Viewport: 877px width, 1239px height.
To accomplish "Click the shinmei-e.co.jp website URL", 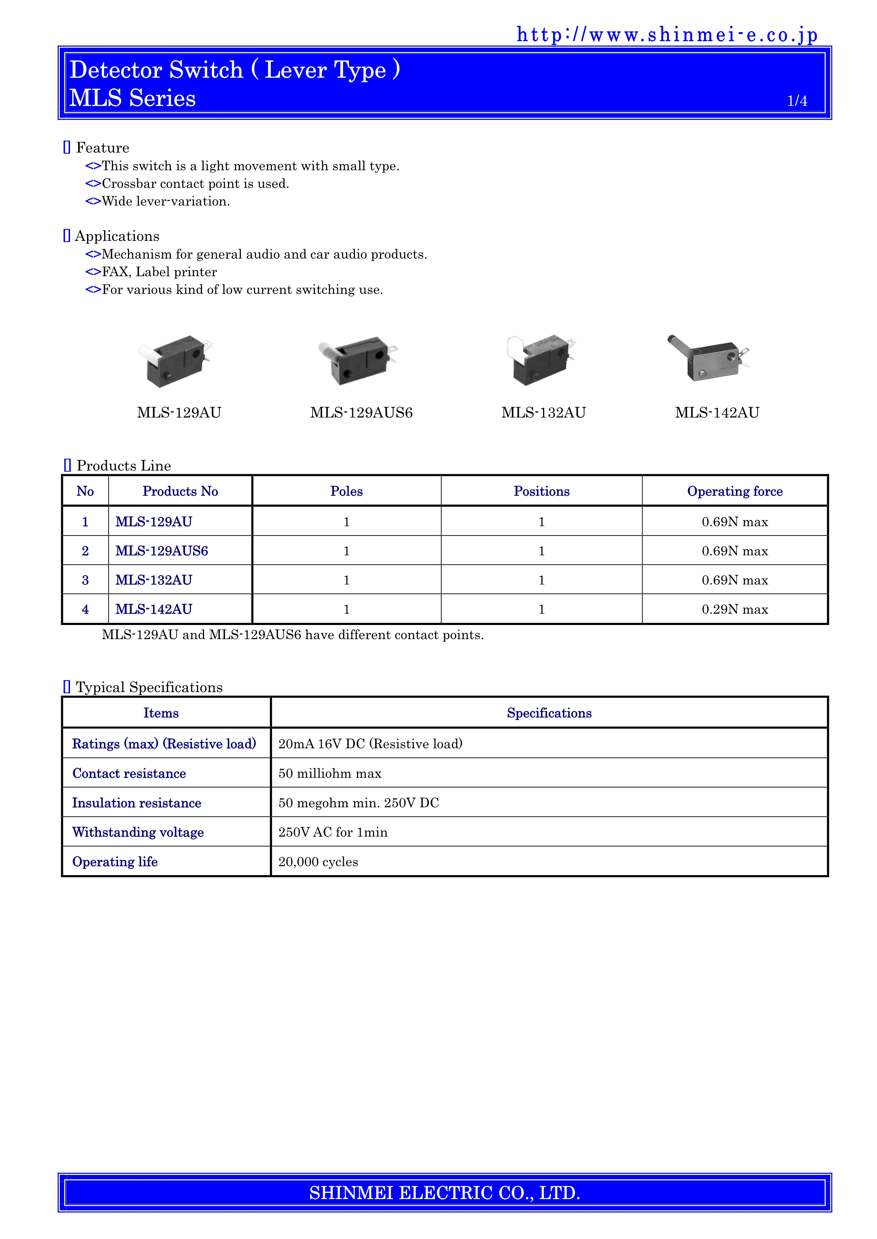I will pyautogui.click(x=667, y=35).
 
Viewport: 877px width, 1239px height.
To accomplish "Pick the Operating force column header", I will pyautogui.click(x=734, y=491).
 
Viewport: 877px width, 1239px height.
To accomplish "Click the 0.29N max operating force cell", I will pyautogui.click(x=734, y=609).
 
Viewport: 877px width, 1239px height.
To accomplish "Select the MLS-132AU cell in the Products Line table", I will pyautogui.click(x=154, y=580).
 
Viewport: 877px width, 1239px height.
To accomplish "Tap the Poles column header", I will pyautogui.click(x=346, y=491).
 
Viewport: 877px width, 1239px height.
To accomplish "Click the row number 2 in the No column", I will pyautogui.click(x=85, y=551).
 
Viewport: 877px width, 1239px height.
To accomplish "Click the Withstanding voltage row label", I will pyautogui.click(x=138, y=832).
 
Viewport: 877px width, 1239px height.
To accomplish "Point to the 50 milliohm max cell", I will pyautogui.click(x=330, y=773).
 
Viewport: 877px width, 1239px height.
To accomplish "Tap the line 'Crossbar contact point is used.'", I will pyautogui.click(x=195, y=183).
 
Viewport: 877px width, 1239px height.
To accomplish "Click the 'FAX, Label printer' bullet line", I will pyautogui.click(x=159, y=272).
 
